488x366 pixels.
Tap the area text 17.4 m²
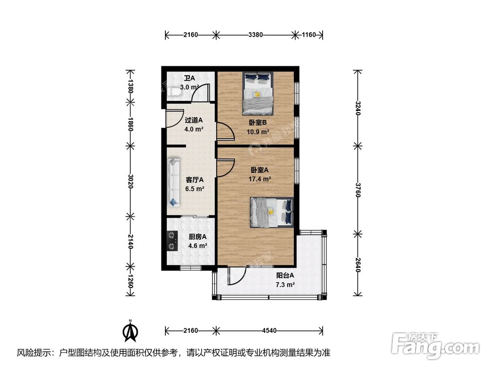click(x=260, y=179)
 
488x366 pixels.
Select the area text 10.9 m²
click(x=259, y=132)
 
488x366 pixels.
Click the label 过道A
click(x=194, y=120)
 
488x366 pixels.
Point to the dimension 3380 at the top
click(x=256, y=35)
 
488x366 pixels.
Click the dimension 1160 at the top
click(x=308, y=35)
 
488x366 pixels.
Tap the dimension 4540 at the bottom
click(x=269, y=330)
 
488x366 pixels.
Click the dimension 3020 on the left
click(x=130, y=181)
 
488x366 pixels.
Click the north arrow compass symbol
click(x=130, y=331)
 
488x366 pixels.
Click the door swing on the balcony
click(x=234, y=277)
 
